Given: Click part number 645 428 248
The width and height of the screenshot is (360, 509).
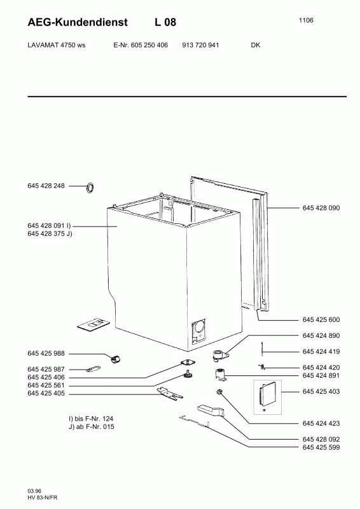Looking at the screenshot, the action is click(x=46, y=186).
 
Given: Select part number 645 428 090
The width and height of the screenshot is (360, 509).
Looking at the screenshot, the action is click(x=321, y=208).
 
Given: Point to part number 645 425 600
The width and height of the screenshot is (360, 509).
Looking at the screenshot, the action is click(x=321, y=320).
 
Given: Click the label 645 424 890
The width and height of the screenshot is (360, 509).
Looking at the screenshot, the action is click(x=321, y=336).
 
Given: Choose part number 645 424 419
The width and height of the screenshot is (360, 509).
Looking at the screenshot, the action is click(x=321, y=352).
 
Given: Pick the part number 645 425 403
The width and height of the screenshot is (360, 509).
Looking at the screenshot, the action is click(x=321, y=391).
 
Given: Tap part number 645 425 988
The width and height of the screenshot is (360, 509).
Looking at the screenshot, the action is click(x=46, y=354).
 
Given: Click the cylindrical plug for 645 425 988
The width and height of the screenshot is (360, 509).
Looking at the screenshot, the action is click(x=115, y=359).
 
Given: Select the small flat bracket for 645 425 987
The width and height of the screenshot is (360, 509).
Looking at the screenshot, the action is click(x=93, y=369).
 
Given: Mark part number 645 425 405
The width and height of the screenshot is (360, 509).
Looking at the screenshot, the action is click(x=46, y=393).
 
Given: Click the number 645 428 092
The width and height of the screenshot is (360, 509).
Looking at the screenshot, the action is click(x=321, y=440).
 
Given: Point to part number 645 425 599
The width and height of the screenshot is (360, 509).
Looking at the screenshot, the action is click(x=321, y=448).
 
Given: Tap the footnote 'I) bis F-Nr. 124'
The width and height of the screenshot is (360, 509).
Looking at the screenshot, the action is click(x=89, y=419).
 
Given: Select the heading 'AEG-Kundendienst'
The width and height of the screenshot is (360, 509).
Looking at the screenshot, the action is click(x=78, y=22).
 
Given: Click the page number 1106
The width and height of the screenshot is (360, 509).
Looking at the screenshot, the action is click(x=306, y=20).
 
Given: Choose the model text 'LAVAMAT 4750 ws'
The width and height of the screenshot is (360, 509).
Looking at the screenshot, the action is click(x=57, y=45).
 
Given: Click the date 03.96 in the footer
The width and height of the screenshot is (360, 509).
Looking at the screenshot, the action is click(x=34, y=491).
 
